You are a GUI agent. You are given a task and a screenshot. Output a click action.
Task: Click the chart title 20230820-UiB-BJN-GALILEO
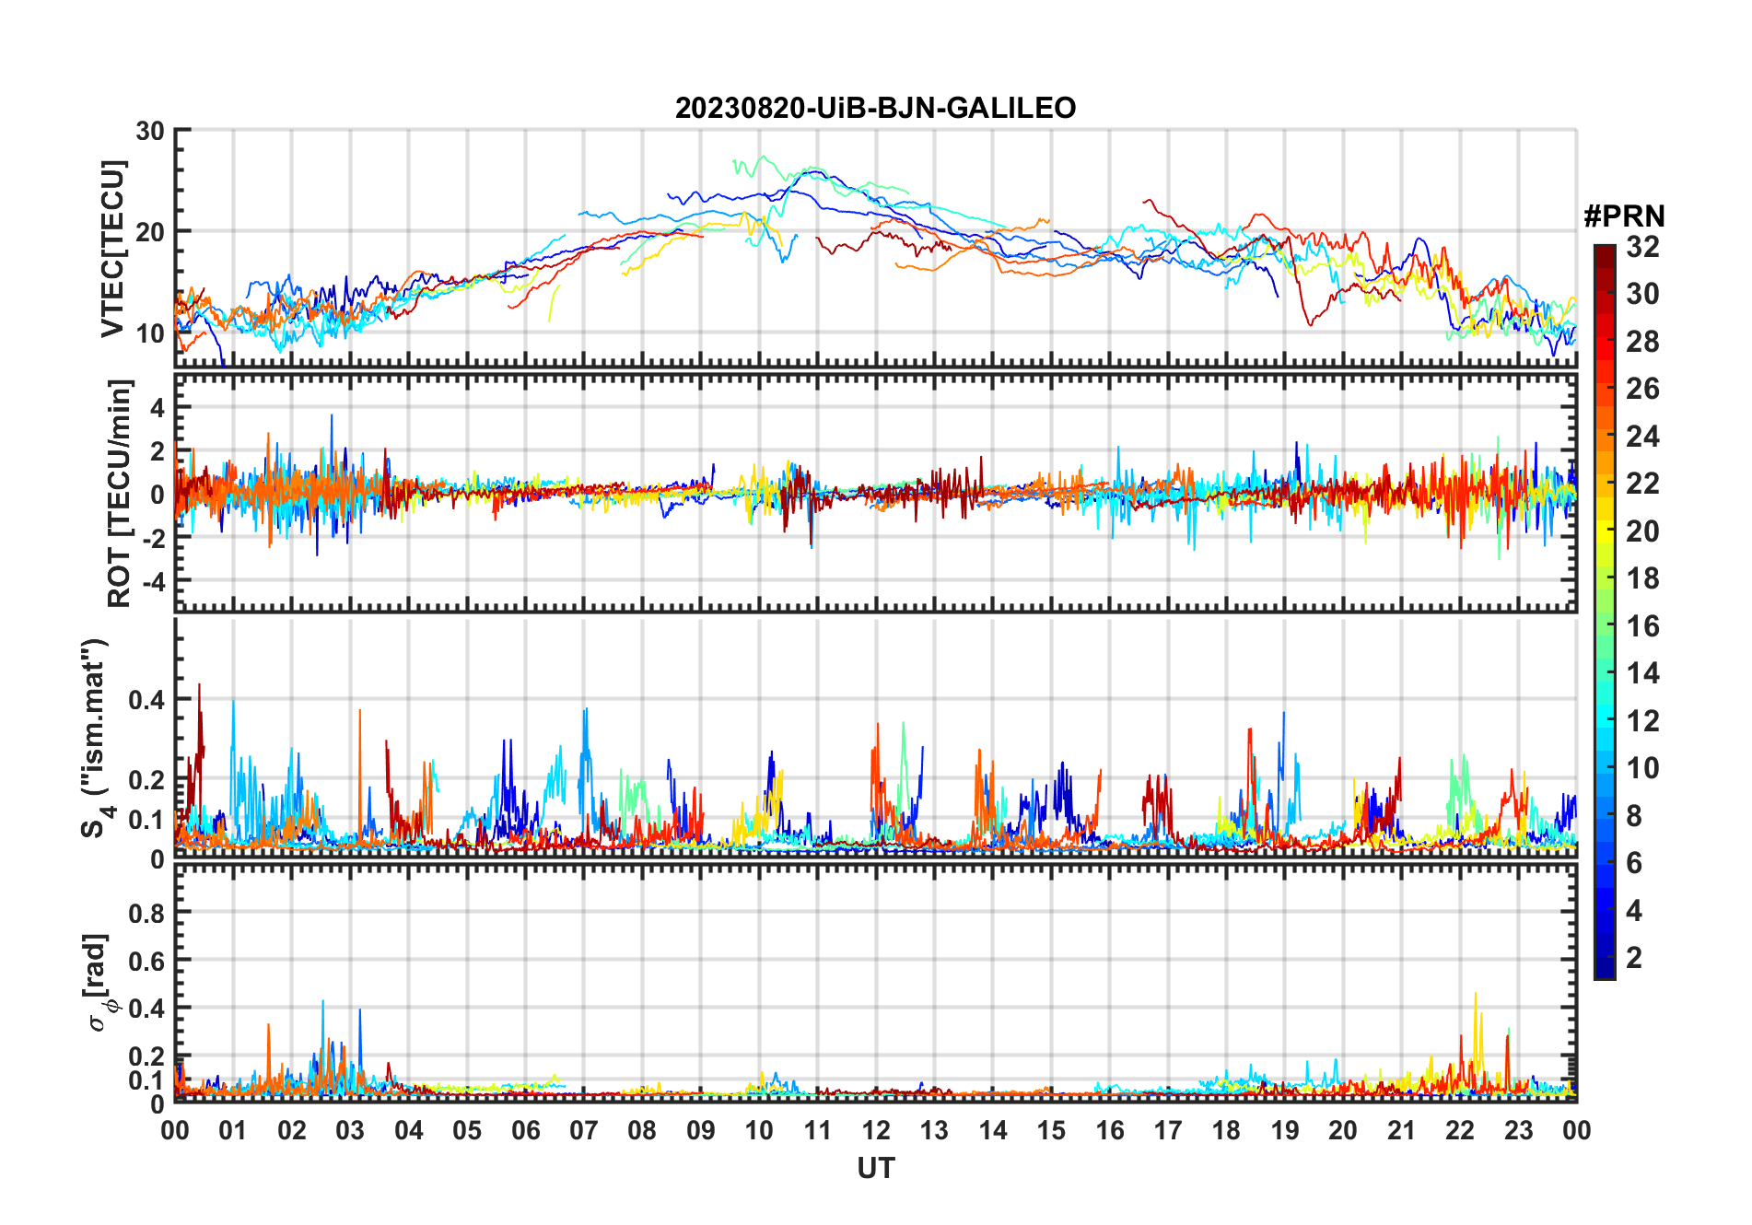875,108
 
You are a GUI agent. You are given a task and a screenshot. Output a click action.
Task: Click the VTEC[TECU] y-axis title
112,249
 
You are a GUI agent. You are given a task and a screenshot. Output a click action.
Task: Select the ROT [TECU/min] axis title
120,493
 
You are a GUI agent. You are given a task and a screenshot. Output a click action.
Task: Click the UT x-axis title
875,1168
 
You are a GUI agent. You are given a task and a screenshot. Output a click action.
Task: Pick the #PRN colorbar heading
1624,216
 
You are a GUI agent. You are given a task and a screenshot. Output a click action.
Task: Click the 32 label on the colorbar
1642,247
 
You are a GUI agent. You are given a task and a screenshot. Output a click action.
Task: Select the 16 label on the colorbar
1642,626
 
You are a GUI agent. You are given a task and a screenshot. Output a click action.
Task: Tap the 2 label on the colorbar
1634,958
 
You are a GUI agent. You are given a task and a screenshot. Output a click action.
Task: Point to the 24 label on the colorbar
1642,437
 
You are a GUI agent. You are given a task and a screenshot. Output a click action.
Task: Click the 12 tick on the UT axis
876,1130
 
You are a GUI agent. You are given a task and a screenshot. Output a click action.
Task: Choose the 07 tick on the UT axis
584,1130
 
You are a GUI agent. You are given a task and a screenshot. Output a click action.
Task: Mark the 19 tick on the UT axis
1285,1130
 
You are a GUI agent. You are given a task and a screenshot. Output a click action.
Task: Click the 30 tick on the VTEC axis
150,131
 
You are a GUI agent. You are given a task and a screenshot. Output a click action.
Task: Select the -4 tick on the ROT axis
152,581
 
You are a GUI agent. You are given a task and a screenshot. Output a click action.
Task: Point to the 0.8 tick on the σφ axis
146,913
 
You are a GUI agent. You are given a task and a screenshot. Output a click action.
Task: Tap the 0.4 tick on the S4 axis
146,699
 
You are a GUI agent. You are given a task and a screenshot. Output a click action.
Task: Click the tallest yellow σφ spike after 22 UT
1476,994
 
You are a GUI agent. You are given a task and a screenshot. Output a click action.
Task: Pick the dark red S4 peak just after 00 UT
199,685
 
